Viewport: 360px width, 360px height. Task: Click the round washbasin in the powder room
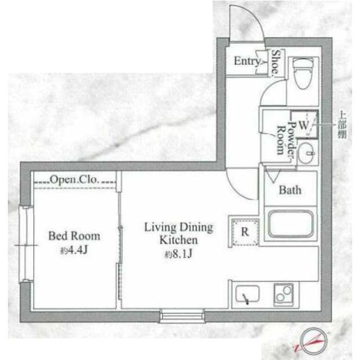click(x=307, y=152)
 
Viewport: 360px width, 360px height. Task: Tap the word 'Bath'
click(x=290, y=190)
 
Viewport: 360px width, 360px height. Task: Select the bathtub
click(x=290, y=224)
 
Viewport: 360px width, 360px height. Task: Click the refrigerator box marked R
click(x=245, y=231)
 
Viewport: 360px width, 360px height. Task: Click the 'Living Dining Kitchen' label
click(x=178, y=233)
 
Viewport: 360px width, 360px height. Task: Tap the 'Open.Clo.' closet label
click(x=74, y=180)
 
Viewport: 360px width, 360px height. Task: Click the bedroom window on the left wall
click(x=25, y=244)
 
